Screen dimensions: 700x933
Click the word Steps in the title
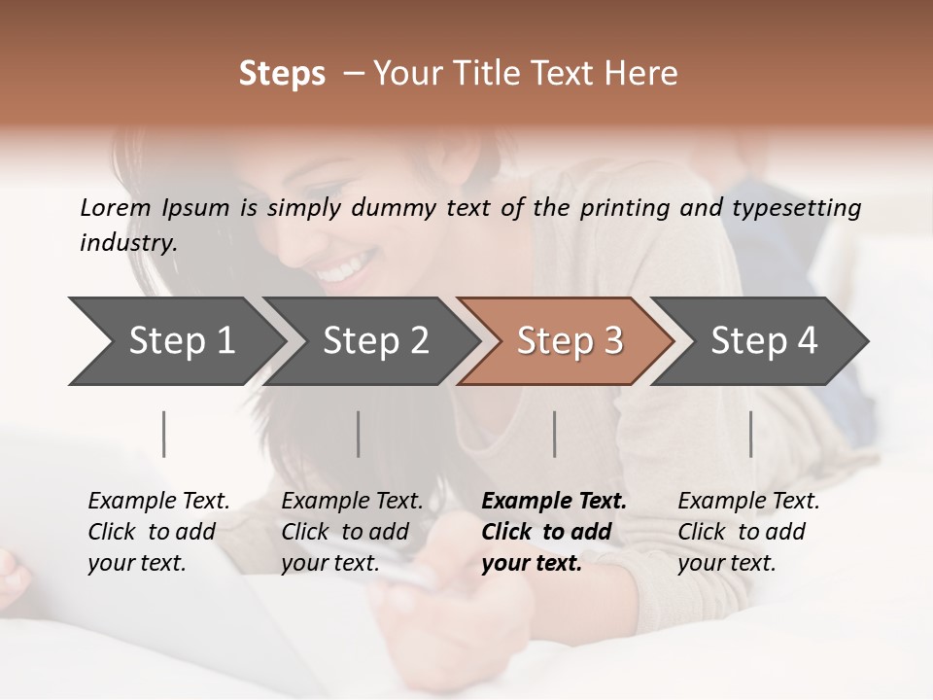pos(282,74)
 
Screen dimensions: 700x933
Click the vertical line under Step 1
pos(164,434)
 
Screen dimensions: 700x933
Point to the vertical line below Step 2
pos(359,434)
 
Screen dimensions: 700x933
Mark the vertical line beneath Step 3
pos(555,434)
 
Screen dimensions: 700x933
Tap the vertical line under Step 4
pos(751,434)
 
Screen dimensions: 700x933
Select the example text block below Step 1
pos(158,532)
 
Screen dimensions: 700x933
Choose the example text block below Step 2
pos(352,532)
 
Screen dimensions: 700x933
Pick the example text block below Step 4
pos(748,532)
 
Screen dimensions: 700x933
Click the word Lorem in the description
pos(116,208)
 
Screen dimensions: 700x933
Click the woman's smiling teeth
pos(345,265)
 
